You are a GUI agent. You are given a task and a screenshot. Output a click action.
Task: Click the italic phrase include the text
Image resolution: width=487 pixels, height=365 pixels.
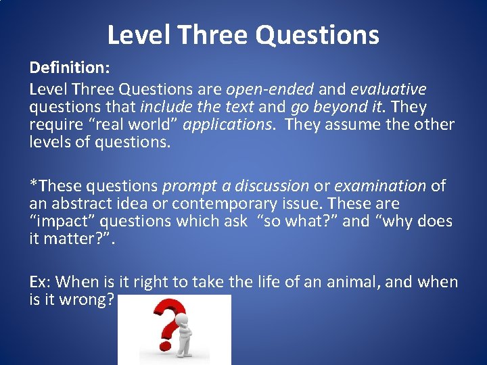point(197,107)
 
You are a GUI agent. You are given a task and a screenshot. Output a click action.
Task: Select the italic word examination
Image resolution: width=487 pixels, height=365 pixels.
point(380,186)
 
